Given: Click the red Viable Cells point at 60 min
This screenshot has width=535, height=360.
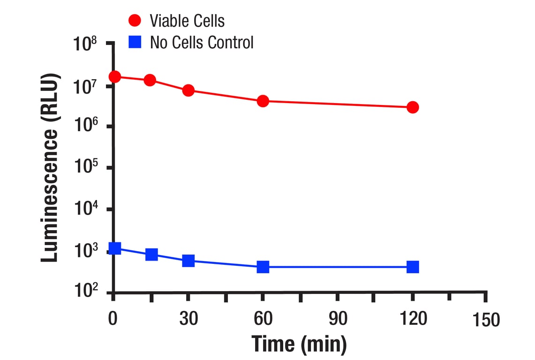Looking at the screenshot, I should pyautogui.click(x=263, y=101).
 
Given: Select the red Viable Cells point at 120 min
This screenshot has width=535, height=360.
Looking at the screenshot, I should pyautogui.click(x=413, y=107).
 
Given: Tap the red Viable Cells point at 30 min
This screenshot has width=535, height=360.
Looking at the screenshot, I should pyautogui.click(x=188, y=90).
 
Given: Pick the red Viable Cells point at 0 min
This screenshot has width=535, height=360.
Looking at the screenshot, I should pyautogui.click(x=114, y=76).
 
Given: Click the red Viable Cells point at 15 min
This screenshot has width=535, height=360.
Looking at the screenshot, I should pyautogui.click(x=150, y=80).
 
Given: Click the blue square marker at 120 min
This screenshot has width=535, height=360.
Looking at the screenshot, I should pyautogui.click(x=413, y=267).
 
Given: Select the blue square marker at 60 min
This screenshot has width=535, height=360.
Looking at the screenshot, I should pyautogui.click(x=263, y=267).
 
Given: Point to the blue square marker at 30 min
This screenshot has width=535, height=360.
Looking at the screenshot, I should pyautogui.click(x=188, y=261).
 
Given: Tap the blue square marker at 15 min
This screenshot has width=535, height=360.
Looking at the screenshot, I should pyautogui.click(x=151, y=255).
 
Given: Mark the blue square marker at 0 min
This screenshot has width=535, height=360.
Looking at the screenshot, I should pyautogui.click(x=114, y=248).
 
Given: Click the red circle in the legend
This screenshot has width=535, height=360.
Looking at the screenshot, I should pyautogui.click(x=135, y=21).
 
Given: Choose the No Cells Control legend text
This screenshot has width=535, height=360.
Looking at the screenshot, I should pyautogui.click(x=202, y=43).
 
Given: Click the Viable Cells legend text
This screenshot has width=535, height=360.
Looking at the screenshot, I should pyautogui.click(x=187, y=21).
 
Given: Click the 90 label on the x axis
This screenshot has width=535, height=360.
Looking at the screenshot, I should pyautogui.click(x=338, y=319).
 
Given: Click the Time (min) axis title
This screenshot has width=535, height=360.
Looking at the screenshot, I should pyautogui.click(x=299, y=344).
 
